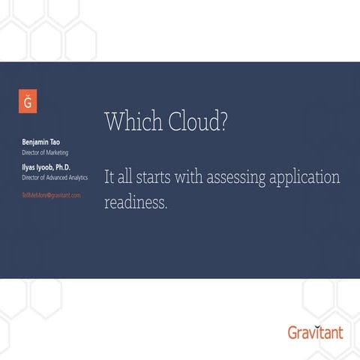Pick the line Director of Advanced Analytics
coord(55,178)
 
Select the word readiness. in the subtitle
coord(136,202)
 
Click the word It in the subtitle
coord(109,178)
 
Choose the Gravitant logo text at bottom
coord(315,331)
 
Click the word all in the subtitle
coord(125,178)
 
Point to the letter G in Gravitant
coord(293,331)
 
